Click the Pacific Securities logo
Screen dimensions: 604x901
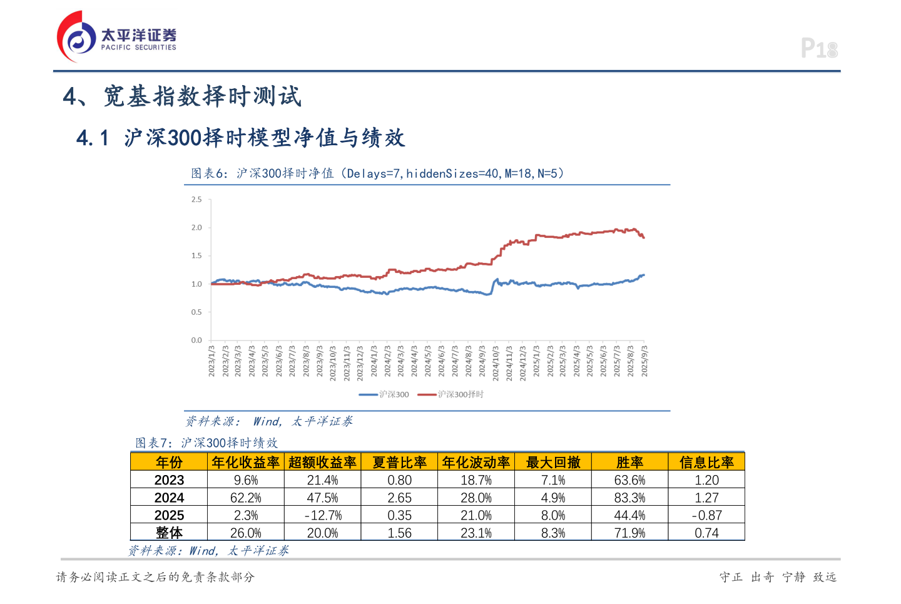point(116,37)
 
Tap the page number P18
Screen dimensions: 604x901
point(819,49)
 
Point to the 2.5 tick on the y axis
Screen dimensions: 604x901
point(196,200)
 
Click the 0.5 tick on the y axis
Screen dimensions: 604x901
point(196,312)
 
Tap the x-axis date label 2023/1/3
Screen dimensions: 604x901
point(211,361)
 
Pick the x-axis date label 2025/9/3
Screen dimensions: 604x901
point(644,361)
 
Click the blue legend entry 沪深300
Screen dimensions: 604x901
point(384,394)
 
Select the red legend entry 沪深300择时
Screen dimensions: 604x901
point(450,394)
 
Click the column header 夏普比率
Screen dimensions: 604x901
point(399,463)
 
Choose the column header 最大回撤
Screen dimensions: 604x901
point(553,463)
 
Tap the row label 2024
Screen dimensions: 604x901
point(169,498)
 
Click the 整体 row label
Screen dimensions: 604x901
point(169,533)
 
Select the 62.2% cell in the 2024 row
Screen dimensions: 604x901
point(246,498)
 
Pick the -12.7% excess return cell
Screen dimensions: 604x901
point(323,515)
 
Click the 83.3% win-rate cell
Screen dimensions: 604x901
point(629,498)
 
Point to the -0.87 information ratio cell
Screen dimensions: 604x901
point(706,515)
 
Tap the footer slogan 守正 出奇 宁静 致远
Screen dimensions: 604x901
point(778,577)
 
